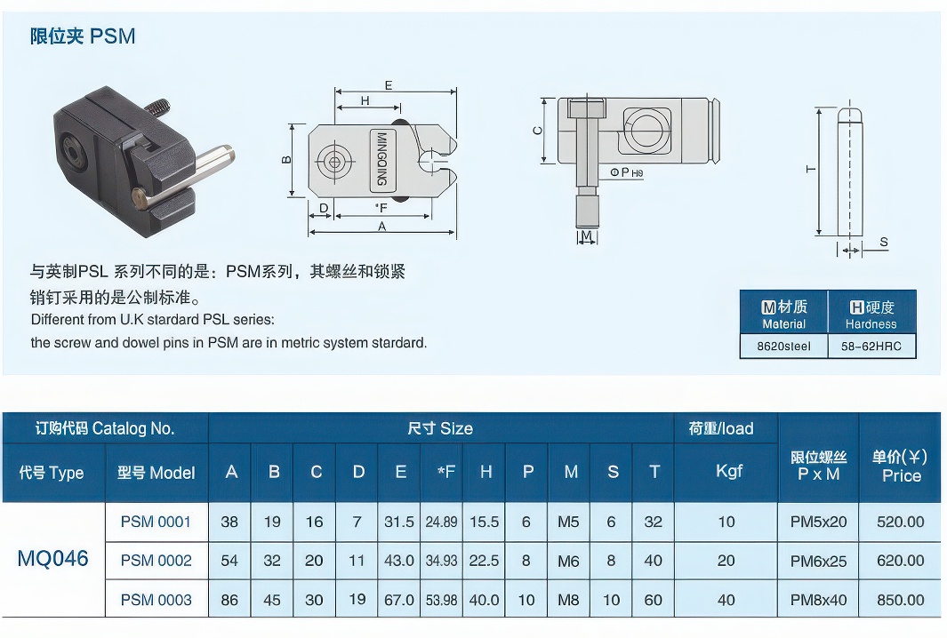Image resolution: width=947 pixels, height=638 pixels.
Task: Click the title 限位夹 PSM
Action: [83, 36]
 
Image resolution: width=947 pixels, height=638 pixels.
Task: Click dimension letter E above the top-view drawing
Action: [389, 85]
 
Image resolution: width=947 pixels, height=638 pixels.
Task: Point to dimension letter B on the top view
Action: [286, 160]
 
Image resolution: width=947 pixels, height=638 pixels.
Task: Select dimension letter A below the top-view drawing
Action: [381, 227]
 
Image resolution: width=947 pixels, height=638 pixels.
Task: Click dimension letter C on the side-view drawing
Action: [537, 131]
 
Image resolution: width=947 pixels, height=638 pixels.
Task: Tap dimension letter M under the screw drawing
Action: [585, 235]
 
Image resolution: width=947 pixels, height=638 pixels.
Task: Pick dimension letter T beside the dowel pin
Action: [811, 169]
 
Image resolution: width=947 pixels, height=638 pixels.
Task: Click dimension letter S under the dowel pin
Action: [883, 243]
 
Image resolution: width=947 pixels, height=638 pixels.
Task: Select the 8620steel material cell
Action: [782, 347]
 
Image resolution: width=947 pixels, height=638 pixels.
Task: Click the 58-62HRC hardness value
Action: [871, 347]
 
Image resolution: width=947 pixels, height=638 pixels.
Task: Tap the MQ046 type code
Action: [53, 559]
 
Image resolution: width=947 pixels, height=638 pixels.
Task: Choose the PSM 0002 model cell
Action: [156, 561]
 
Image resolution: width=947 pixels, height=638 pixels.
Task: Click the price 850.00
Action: [900, 600]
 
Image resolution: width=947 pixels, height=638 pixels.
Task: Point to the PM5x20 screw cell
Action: [818, 522]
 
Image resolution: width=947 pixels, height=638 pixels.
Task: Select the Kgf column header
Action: [728, 471]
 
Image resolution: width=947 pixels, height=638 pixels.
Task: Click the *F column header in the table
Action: [445, 472]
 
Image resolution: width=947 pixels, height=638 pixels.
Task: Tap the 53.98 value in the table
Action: [441, 600]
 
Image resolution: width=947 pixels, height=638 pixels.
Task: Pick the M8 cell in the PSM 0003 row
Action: [568, 600]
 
